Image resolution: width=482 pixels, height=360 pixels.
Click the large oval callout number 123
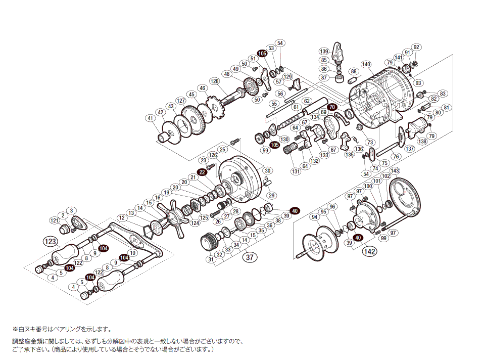[50, 242]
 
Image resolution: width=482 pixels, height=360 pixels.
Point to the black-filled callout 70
[331, 107]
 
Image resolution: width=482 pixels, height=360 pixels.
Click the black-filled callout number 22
[203, 172]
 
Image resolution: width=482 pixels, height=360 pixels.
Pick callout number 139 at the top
[324, 51]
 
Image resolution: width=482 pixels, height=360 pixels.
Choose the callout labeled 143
[395, 170]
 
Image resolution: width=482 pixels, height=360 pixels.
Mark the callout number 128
[215, 81]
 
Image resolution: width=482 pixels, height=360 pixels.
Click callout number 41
[150, 118]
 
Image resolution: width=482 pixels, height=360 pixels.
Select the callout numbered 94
[314, 217]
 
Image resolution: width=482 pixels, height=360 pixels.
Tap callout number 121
[54, 221]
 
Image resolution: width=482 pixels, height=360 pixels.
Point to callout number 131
[295, 171]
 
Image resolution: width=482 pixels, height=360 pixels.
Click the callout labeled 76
[396, 156]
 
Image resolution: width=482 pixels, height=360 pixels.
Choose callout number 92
[416, 48]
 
